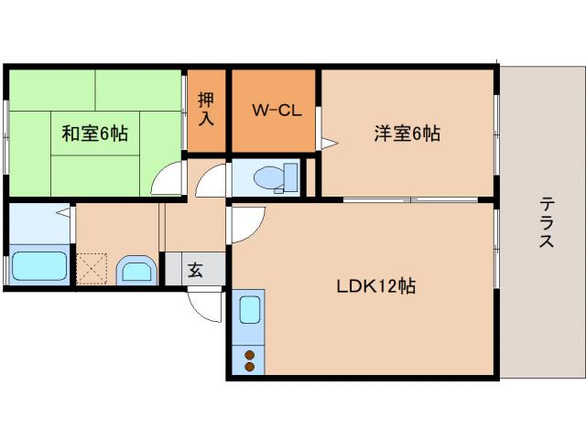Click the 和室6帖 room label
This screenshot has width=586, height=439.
click(95, 134)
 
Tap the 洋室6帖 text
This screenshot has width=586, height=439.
click(407, 134)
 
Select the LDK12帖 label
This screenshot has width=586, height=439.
click(375, 285)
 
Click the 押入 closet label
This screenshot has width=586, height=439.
click(206, 108)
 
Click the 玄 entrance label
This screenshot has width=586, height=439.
click(195, 270)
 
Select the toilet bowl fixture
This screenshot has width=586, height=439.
click(270, 176)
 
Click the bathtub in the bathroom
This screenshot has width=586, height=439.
click(40, 268)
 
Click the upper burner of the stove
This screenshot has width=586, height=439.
click(249, 353)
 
